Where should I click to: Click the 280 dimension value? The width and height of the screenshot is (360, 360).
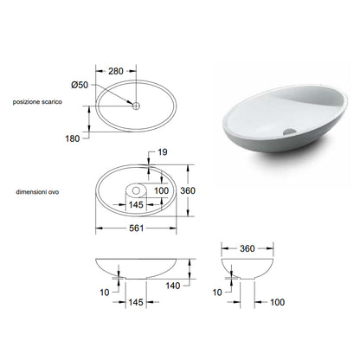116,71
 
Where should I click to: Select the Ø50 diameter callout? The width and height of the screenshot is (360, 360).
80,85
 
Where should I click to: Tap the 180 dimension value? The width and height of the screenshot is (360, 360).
73,138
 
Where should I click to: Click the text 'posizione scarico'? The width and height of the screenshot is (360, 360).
37,102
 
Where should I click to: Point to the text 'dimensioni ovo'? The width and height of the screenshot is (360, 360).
37,192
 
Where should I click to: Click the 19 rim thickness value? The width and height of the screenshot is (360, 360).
163,152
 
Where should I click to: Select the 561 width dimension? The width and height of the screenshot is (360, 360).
136,228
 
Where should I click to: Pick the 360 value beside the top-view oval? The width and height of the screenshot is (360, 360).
188,190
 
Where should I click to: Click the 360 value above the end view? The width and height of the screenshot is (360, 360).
247,248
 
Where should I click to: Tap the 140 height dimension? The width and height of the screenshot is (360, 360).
173,286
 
